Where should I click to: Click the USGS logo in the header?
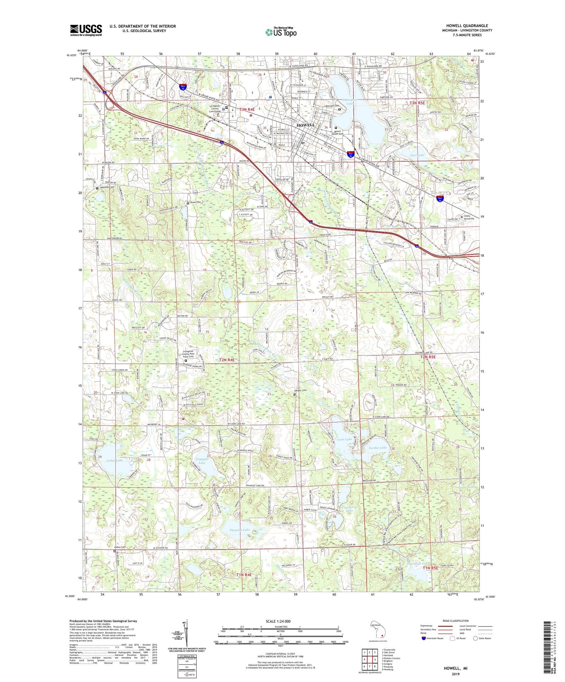[86, 30]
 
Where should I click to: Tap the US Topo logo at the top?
[280, 32]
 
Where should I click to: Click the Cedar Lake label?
[114, 461]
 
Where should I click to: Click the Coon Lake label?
[344, 439]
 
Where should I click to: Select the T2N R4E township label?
[227, 359]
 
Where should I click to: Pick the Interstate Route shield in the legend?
[424, 638]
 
